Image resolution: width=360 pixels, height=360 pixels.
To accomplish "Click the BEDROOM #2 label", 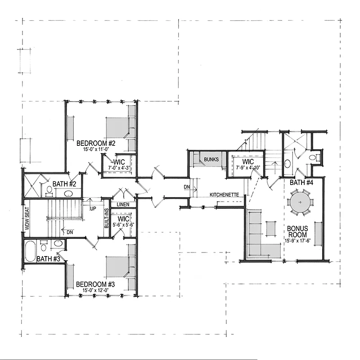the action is coord(96,143).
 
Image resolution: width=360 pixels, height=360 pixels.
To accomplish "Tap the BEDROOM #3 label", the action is coord(95,284).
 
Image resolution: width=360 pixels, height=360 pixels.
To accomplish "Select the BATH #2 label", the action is coord(64,184).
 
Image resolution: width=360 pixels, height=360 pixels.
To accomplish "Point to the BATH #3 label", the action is coord(49,259).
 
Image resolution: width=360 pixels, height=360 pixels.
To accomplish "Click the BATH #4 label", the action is coord(301,183).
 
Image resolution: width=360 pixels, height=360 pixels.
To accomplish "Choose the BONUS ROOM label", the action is coord(297,232).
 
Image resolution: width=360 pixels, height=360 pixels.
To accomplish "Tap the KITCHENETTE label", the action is coord(224,195).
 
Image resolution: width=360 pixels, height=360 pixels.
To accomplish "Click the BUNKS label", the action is coord(211,159).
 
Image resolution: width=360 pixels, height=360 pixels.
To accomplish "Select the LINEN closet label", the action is coord(123,204).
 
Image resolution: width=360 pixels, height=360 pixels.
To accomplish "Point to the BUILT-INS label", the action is coord(107,218).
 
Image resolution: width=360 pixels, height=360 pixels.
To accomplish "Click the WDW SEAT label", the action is coord(27,219).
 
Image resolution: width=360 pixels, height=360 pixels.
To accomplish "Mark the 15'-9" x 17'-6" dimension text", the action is coord(297,241).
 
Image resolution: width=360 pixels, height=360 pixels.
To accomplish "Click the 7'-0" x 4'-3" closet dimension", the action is coord(119,168).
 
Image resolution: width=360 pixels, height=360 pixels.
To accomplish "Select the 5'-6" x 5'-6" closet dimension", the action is coord(123,225).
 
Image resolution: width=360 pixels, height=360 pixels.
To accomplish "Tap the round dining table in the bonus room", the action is coord(300,202).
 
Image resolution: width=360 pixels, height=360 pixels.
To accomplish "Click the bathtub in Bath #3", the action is coord(30,251).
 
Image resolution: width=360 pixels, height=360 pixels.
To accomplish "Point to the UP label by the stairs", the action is coord(93,209).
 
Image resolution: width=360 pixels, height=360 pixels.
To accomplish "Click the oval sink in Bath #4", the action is coord(287,164).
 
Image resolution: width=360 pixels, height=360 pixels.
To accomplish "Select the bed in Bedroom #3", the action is coord(117,267).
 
